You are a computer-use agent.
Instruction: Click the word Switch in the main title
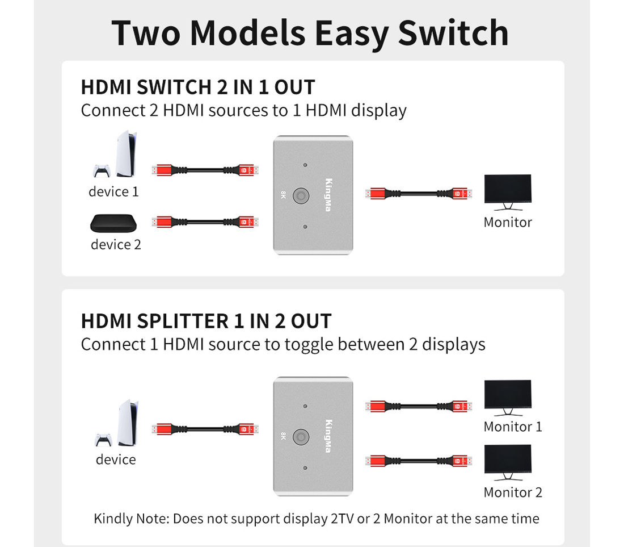click(x=453, y=33)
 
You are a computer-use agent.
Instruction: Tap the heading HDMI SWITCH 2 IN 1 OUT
click(x=198, y=88)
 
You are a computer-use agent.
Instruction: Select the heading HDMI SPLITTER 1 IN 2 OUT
click(x=206, y=321)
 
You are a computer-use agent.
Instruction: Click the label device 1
click(x=113, y=192)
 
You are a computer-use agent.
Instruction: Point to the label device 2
click(x=116, y=245)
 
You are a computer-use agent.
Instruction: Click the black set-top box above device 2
click(x=114, y=223)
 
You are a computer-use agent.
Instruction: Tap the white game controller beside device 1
click(x=102, y=171)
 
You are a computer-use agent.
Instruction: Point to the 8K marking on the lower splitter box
click(x=284, y=436)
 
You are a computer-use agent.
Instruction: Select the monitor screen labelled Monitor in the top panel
click(x=508, y=189)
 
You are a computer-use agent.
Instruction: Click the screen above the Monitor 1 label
click(x=508, y=395)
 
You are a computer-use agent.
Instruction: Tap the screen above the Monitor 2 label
click(x=508, y=460)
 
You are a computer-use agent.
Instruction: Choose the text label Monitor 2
click(x=513, y=492)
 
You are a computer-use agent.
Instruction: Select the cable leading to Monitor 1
click(x=419, y=407)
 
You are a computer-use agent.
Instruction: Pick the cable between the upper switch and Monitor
click(x=419, y=193)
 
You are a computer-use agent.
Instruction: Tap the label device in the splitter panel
click(x=116, y=460)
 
